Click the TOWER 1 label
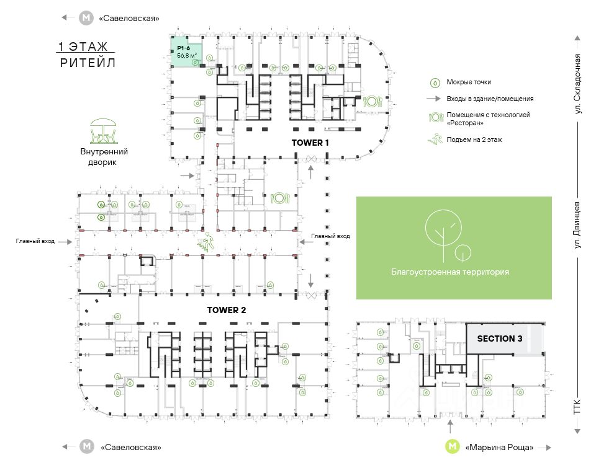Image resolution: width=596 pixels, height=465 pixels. click(x=310, y=143)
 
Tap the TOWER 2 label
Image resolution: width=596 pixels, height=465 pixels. click(x=230, y=309)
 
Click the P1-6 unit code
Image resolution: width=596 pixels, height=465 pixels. click(x=183, y=48)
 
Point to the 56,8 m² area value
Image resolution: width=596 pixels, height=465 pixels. click(x=187, y=56)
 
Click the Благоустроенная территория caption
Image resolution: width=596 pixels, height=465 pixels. click(x=450, y=272)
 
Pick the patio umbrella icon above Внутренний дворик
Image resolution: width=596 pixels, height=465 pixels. click(x=104, y=131)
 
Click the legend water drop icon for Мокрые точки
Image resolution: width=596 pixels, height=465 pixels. click(x=435, y=82)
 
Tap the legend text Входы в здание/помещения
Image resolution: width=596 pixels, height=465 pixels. click(x=490, y=99)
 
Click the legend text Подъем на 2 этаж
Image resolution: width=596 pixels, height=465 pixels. click(x=474, y=139)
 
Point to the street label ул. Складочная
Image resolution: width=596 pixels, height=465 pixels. click(x=578, y=84)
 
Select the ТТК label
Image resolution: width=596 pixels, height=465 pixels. click(x=578, y=406)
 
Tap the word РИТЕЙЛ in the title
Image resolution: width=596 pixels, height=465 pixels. click(x=88, y=63)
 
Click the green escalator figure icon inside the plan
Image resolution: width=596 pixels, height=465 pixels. click(x=205, y=241)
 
